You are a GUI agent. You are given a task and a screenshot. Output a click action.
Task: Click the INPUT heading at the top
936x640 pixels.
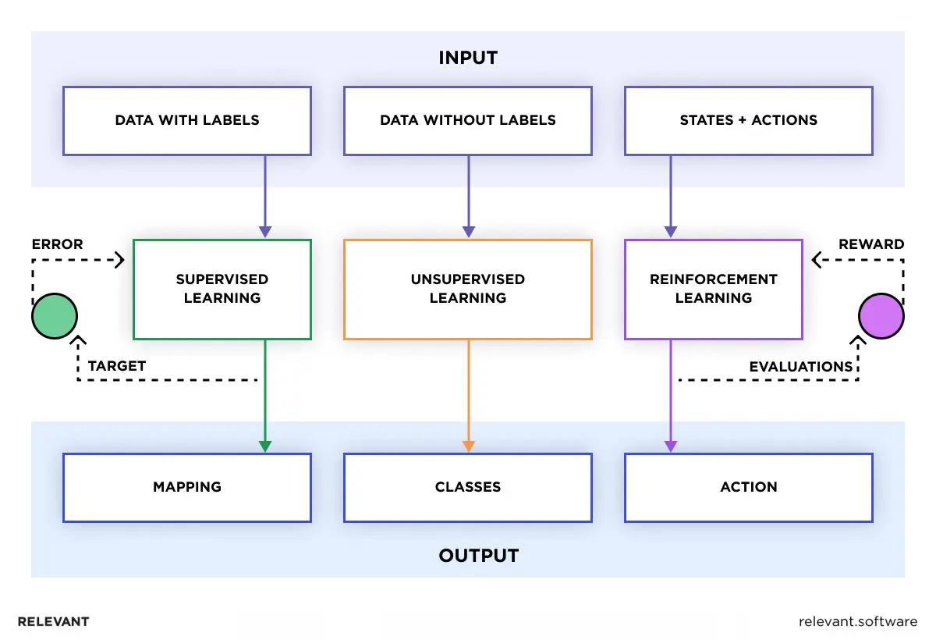point(467,58)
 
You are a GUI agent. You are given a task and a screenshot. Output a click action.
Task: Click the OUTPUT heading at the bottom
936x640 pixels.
point(478,556)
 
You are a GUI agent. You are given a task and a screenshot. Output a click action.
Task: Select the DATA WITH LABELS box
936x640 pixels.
point(187,120)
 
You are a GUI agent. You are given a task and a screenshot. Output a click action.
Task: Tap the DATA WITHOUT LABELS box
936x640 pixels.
point(468,120)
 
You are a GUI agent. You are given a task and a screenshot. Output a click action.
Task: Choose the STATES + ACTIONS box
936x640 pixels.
point(749,120)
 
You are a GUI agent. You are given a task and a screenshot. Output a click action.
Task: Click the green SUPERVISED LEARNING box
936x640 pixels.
point(222,289)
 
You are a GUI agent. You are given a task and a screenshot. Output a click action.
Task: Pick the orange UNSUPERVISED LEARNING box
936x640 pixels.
point(468,289)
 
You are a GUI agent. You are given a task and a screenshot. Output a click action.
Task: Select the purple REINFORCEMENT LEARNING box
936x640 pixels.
point(714,289)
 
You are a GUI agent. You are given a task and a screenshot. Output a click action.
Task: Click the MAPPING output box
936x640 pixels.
point(187,487)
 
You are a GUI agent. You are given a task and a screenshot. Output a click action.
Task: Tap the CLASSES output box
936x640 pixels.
point(468,487)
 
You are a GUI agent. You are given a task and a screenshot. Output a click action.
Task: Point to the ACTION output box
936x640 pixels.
point(749,487)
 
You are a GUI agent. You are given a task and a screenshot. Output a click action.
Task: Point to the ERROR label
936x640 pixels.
point(57,244)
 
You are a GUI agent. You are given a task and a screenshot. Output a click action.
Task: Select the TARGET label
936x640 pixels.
point(117,366)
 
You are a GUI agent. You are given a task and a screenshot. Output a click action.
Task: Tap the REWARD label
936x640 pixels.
point(871,244)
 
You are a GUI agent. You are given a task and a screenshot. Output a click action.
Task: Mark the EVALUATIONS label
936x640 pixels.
point(801,367)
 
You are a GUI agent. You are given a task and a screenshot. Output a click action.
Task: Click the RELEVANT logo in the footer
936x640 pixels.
point(53,622)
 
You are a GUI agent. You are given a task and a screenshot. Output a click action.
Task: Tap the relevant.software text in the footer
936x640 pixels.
point(858,622)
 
